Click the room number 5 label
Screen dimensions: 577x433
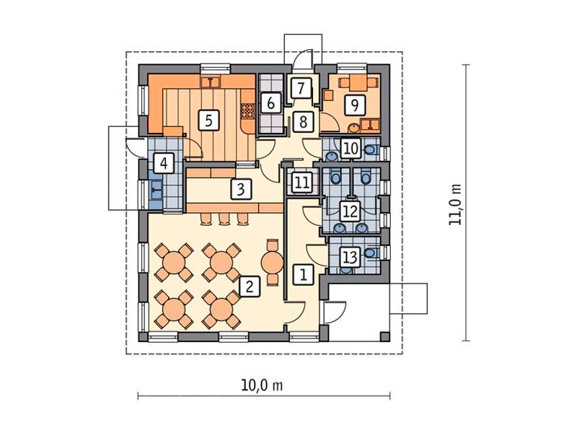click(x=208, y=121)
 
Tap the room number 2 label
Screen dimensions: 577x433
click(x=250, y=286)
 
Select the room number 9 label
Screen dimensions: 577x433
click(x=355, y=105)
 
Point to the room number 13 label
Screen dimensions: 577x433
click(x=350, y=257)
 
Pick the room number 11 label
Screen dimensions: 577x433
click(x=302, y=183)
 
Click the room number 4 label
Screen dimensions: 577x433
click(x=164, y=163)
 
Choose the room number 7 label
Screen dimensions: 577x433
click(x=301, y=88)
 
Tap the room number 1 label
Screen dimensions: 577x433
click(x=303, y=274)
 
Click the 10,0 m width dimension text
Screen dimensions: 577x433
click(x=262, y=385)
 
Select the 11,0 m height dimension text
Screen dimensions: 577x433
click(x=455, y=204)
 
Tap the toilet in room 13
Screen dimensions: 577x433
click(x=371, y=253)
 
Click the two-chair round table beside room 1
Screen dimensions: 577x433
click(x=272, y=262)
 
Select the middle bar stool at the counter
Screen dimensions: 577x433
click(x=224, y=219)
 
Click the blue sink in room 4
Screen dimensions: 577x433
click(x=156, y=190)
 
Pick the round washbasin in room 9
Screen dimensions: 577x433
click(x=353, y=128)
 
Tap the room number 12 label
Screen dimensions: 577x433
click(x=350, y=211)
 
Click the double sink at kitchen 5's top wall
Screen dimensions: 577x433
click(x=211, y=82)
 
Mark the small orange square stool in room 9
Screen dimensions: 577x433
click(x=328, y=95)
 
